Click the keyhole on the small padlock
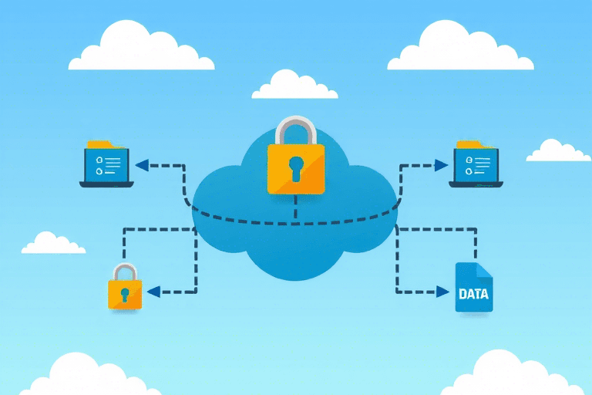click(x=125, y=295)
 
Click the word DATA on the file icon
click(x=473, y=294)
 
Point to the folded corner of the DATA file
click(x=485, y=271)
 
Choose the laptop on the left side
click(x=106, y=167)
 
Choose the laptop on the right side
click(x=475, y=167)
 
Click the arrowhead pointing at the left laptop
click(x=142, y=164)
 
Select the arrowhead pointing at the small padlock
click(x=153, y=292)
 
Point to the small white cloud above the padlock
click(x=294, y=86)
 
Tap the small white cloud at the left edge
click(x=52, y=245)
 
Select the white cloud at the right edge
click(x=557, y=152)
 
